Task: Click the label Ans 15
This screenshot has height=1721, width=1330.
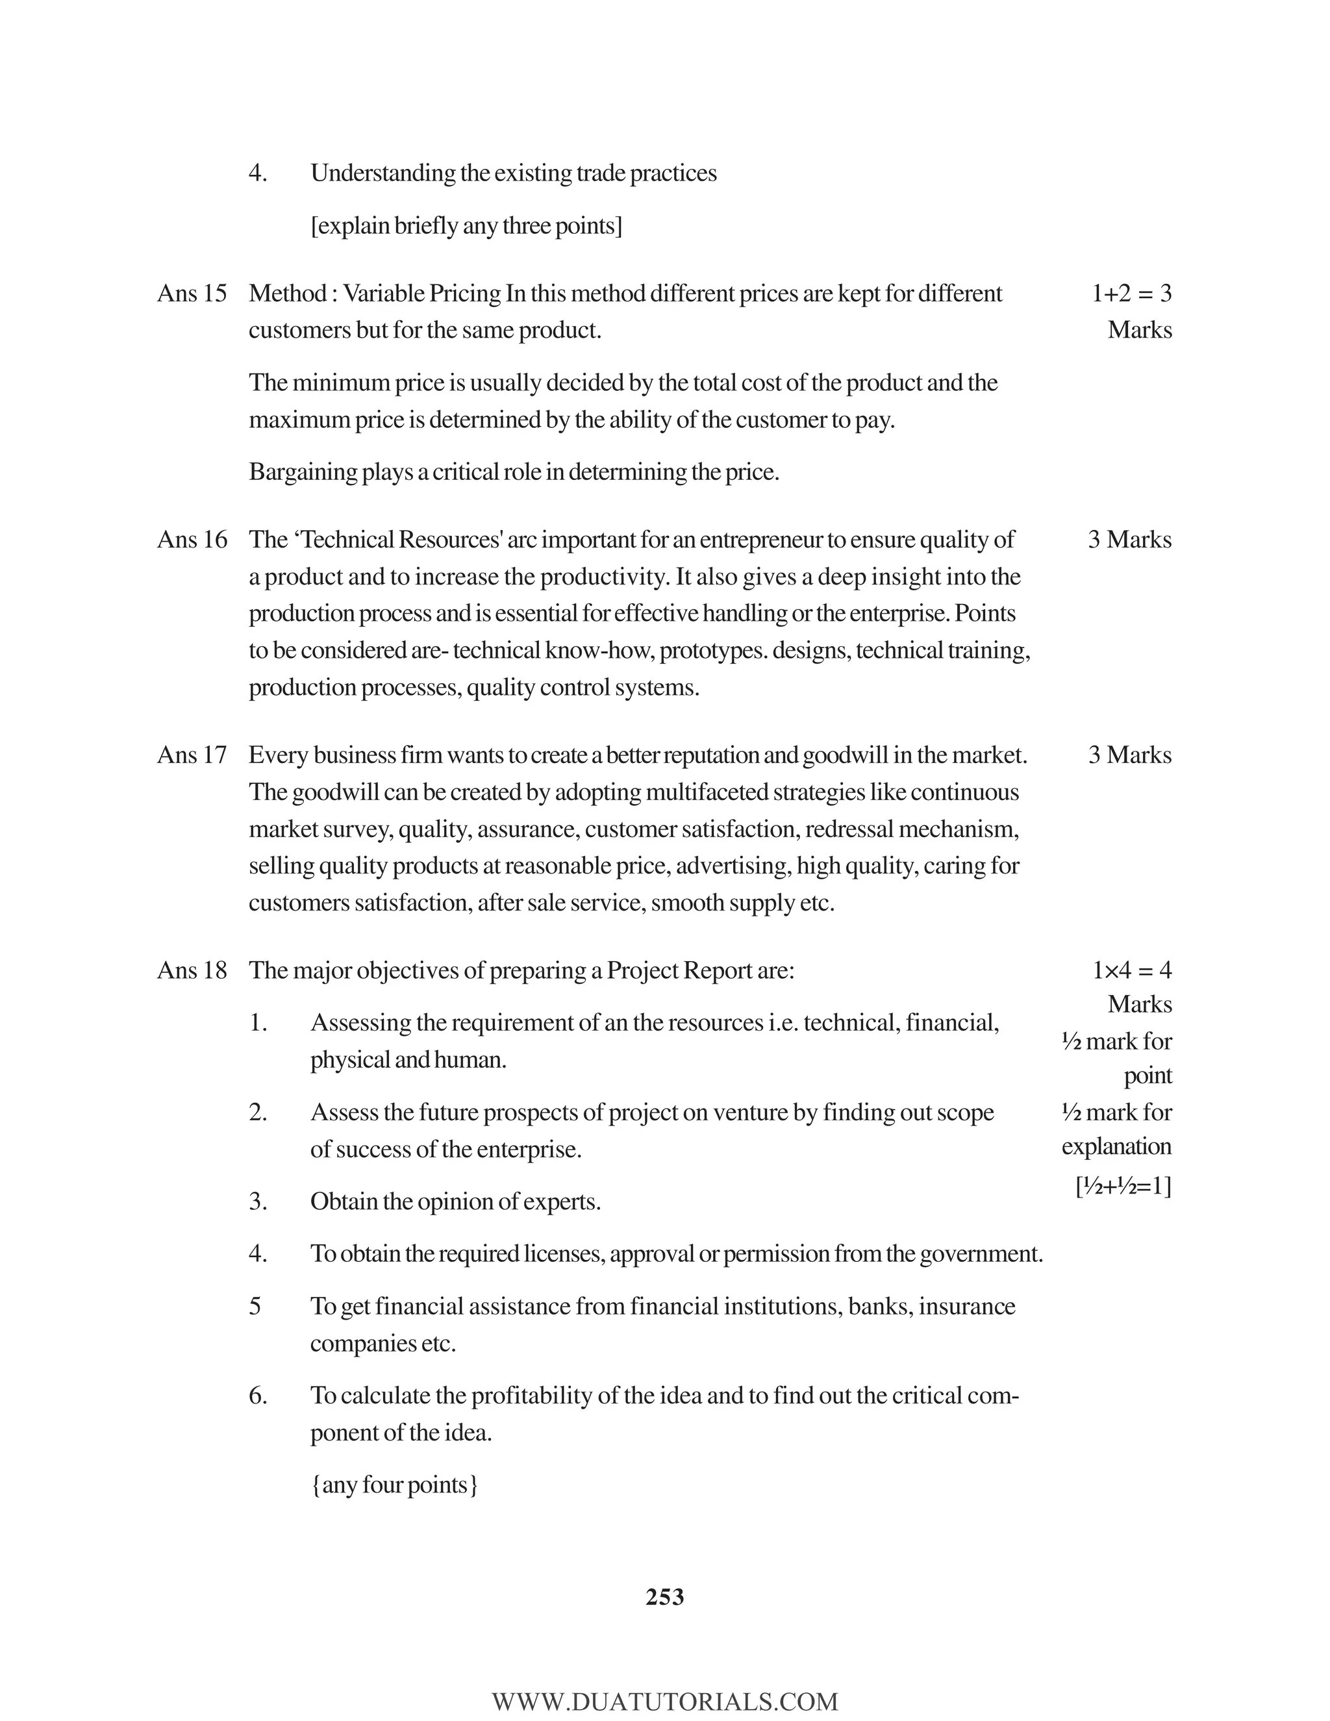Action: [x=192, y=293]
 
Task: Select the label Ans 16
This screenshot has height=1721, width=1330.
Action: [x=192, y=540]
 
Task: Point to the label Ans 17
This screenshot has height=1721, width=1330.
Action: [x=192, y=755]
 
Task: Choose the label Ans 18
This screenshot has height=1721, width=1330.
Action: [x=192, y=970]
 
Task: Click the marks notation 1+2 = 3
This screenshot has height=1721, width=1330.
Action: [x=1131, y=293]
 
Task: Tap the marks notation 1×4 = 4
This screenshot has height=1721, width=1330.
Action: [x=1131, y=970]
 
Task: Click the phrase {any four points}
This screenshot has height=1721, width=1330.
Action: [x=394, y=1485]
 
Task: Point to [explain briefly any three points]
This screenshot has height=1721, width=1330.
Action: [x=466, y=226]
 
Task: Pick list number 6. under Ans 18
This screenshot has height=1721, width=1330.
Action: [x=258, y=1396]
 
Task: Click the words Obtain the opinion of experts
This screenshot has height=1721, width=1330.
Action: [x=455, y=1201]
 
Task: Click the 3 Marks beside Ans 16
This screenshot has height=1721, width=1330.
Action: [x=1129, y=540]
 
